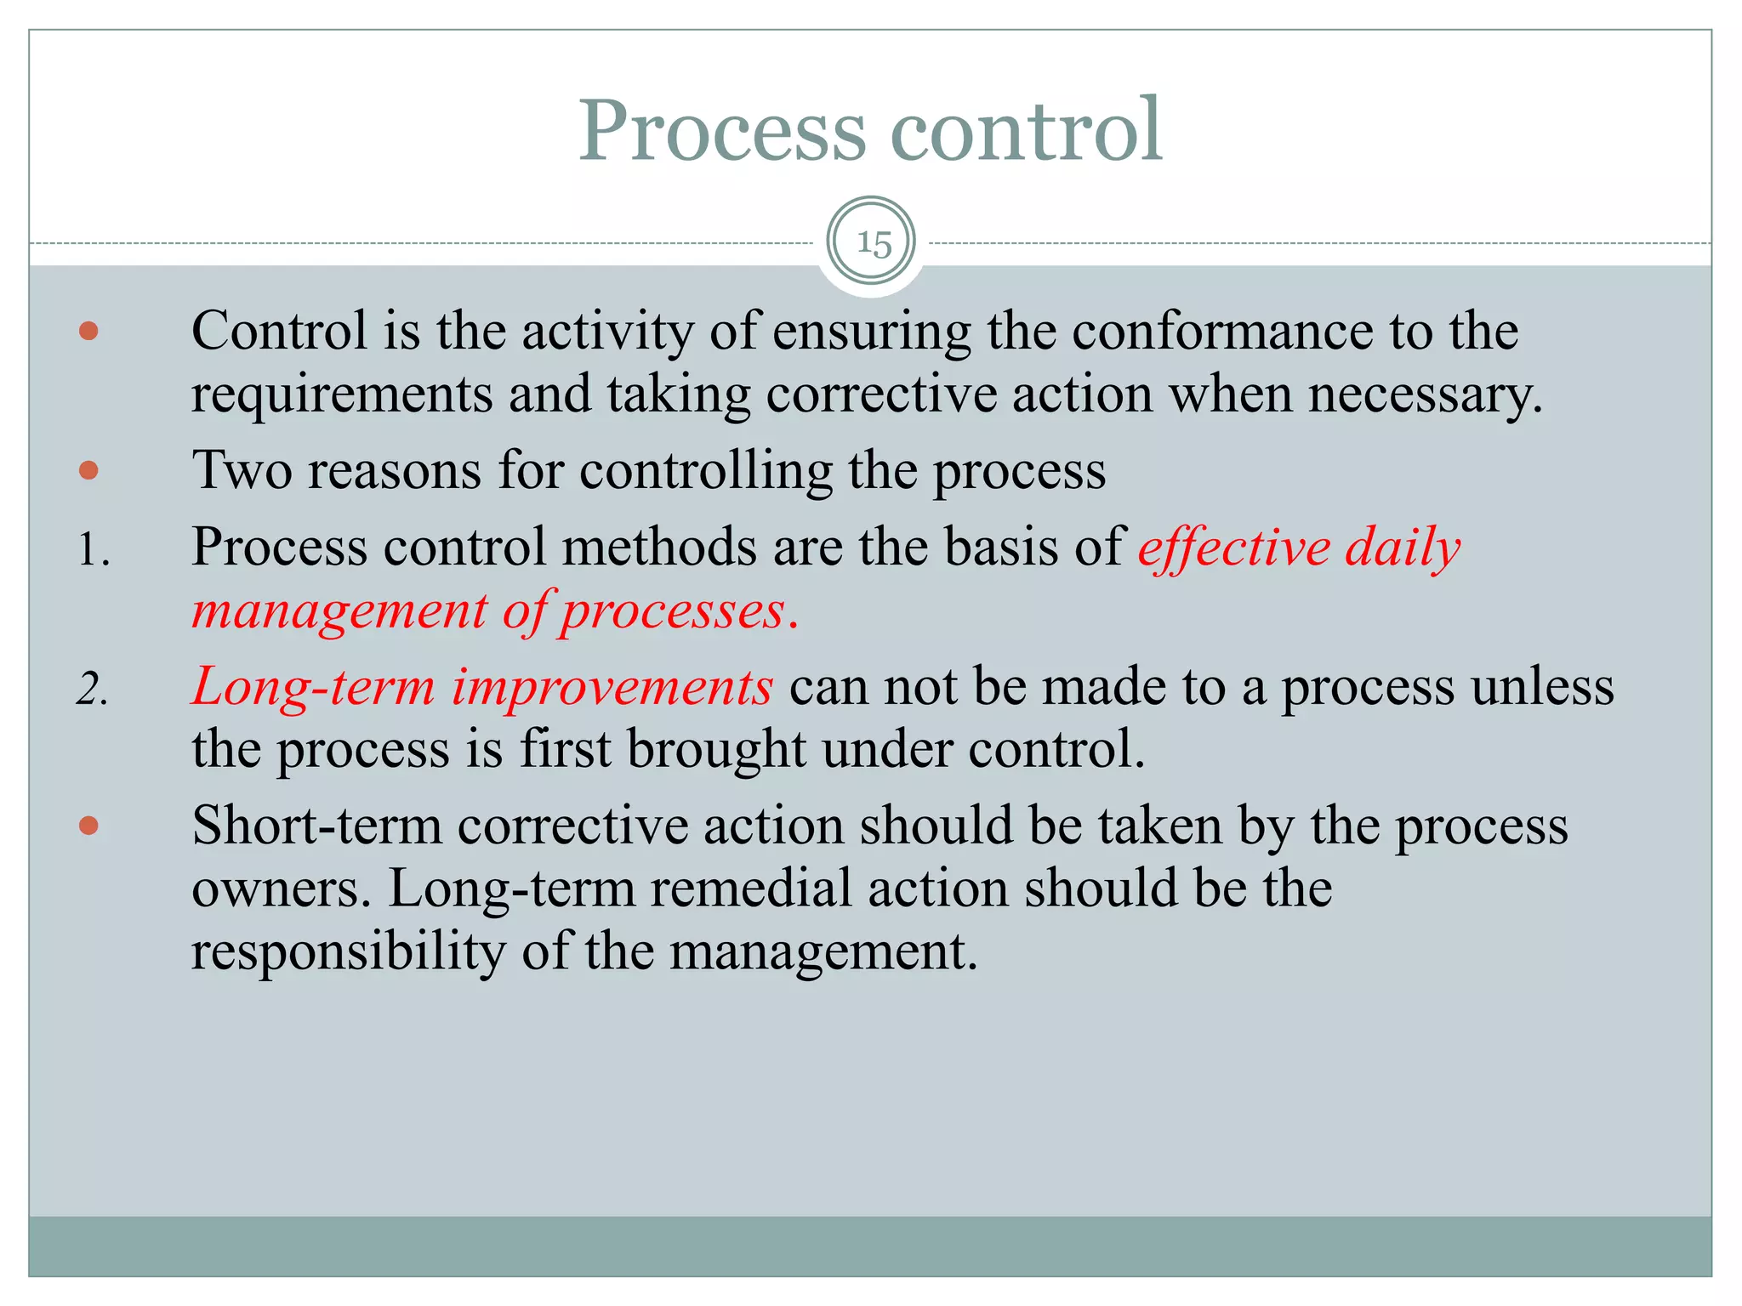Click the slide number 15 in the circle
874,243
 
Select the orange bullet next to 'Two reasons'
88,469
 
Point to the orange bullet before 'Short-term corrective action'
88,825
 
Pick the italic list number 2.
92,689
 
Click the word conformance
1222,331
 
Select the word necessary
1424,395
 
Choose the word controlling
706,470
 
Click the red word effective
1234,547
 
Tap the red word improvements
612,686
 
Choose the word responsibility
348,952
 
